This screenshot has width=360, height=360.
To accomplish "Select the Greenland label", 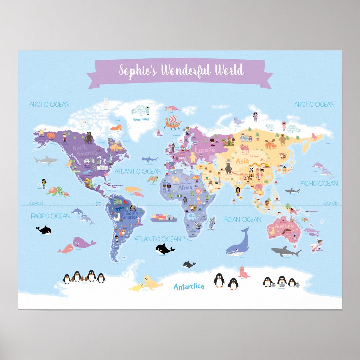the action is click(x=141, y=119).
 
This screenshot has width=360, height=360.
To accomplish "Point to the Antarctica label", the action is click(x=189, y=287).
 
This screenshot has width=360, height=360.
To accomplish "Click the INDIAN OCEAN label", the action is click(x=242, y=220).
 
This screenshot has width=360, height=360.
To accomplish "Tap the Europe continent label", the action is click(x=205, y=150).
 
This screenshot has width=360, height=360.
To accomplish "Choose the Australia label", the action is click(x=285, y=226).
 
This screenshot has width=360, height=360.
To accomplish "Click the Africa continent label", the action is click(x=185, y=188).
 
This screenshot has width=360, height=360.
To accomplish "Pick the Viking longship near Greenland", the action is click(x=172, y=122).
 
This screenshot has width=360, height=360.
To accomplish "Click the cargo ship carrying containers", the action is click(x=163, y=218).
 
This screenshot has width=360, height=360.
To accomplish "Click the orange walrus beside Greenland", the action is click(x=116, y=128).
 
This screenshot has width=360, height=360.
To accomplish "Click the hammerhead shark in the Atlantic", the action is click(x=149, y=159).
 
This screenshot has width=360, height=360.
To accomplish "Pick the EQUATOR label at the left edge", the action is click(x=36, y=203).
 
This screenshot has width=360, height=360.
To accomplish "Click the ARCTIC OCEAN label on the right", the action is click(x=314, y=104).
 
